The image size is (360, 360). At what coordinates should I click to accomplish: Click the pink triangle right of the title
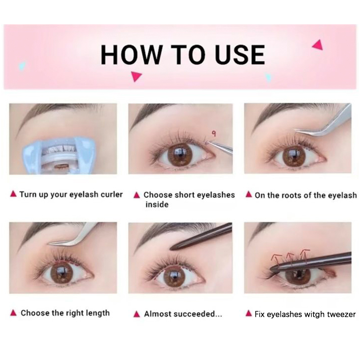pyautogui.click(x=318, y=45)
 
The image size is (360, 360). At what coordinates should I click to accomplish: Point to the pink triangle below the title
pyautogui.click(x=136, y=76)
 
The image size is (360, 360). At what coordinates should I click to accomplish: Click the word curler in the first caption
pyautogui.click(x=112, y=194)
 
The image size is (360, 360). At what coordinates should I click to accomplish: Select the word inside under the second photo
pyautogui.click(x=157, y=204)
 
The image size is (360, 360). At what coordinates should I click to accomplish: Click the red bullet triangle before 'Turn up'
pyautogui.click(x=13, y=194)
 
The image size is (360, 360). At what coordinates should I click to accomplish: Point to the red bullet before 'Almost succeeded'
pyautogui.click(x=137, y=314)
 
